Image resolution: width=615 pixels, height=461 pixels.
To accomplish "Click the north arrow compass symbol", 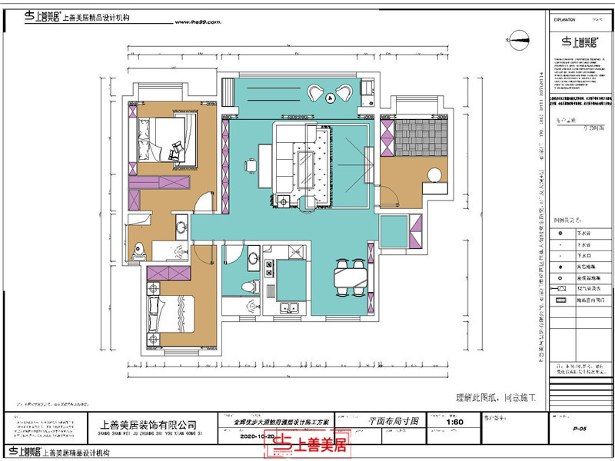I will click(x=518, y=35).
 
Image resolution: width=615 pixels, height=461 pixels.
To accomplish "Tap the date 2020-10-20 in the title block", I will click(x=258, y=435).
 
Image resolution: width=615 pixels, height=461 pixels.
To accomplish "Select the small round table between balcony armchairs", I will click(x=330, y=97).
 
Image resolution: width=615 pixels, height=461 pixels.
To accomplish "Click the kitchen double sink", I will click(x=291, y=310).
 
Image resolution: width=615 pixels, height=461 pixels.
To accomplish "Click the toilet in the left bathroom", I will click(x=140, y=249).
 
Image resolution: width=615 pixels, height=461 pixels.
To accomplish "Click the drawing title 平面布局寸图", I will click(x=393, y=422).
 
